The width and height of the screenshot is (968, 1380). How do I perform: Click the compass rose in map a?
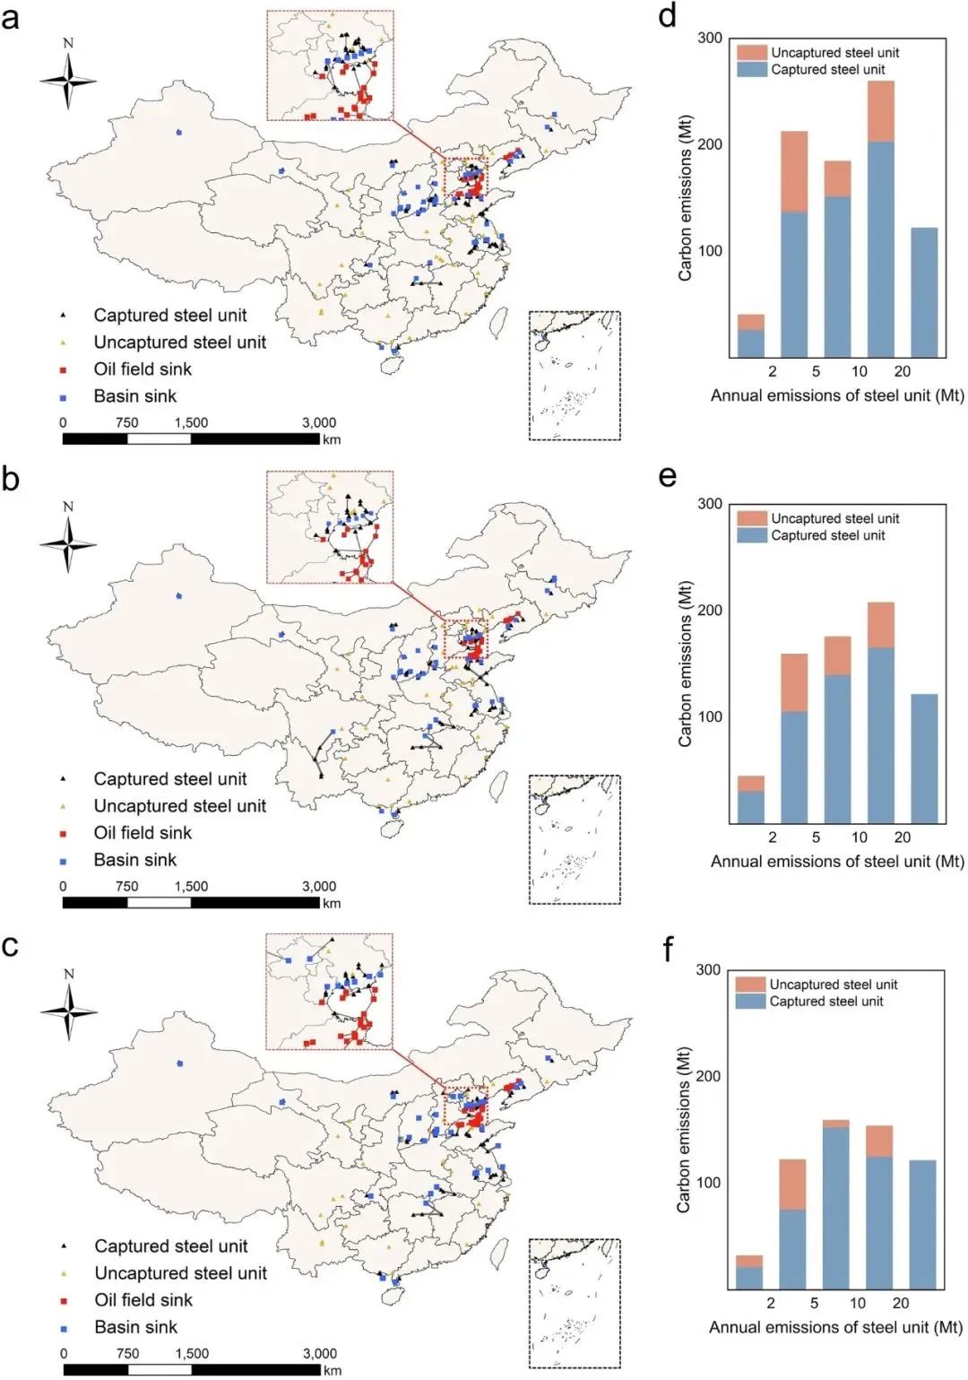coord(68,80)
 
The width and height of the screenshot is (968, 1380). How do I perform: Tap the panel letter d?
coord(667,15)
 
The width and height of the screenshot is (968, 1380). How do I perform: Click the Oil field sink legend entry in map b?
coord(142,833)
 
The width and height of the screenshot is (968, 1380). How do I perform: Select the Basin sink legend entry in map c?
coord(135,1327)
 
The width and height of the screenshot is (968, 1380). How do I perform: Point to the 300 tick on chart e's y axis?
coord(709,504)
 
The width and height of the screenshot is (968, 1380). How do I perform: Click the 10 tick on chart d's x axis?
coord(859,371)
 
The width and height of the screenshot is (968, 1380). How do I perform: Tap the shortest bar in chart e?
coord(750,799)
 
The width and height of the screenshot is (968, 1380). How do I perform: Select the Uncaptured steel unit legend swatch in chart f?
coord(750,985)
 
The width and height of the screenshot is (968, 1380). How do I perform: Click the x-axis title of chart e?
coord(837,862)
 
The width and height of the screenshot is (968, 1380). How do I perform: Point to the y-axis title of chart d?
coord(686,198)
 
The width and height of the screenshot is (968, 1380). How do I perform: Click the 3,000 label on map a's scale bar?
coord(318,422)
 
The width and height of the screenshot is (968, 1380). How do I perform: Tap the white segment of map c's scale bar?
coord(159,1370)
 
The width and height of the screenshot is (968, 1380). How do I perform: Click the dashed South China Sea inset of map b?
coord(575,839)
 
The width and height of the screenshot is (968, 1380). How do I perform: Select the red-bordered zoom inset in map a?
coord(330,65)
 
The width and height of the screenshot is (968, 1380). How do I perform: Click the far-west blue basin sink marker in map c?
coord(180,1063)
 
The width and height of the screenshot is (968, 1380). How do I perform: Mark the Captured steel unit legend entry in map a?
coord(169,316)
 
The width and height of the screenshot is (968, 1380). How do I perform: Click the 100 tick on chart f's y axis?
coord(707,1183)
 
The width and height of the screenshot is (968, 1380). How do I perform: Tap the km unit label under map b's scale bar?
coord(332,903)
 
